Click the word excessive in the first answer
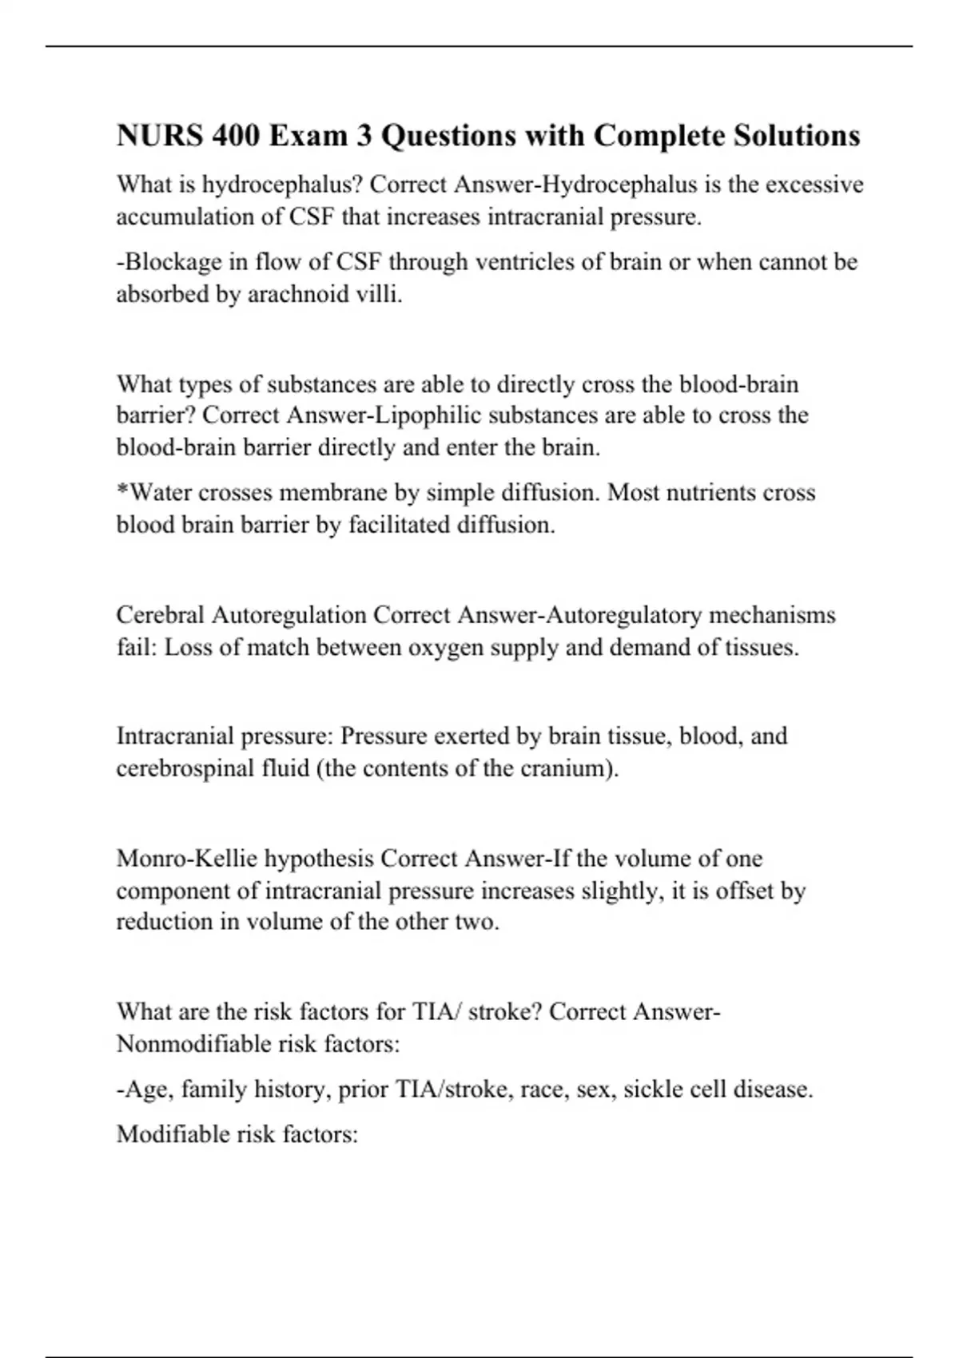(x=814, y=185)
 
